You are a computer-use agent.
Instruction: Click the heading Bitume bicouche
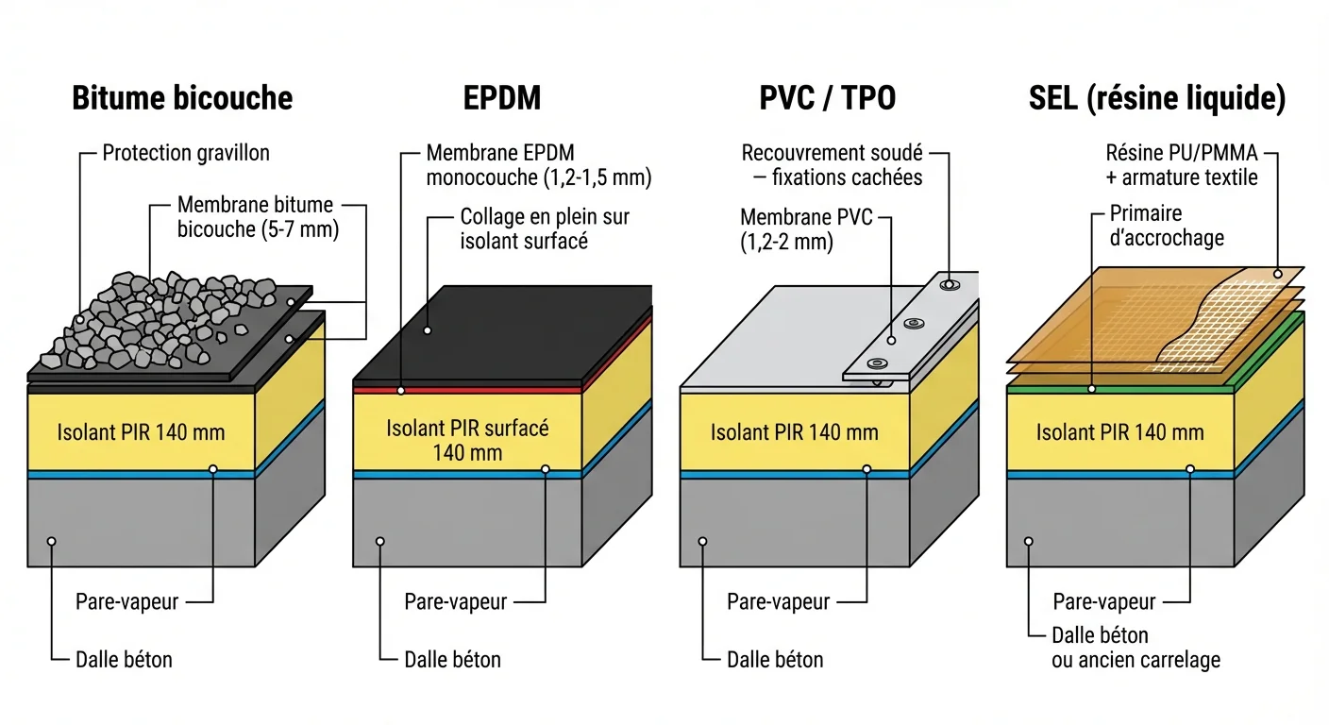(x=182, y=98)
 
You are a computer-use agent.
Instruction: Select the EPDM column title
(x=502, y=98)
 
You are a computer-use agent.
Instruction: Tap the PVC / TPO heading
(x=827, y=98)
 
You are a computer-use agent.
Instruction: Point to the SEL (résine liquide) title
(x=1157, y=98)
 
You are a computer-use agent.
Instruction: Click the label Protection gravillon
(x=186, y=153)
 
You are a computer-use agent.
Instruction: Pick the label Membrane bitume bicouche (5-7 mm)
(x=257, y=216)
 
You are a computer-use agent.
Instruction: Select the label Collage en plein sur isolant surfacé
(x=544, y=228)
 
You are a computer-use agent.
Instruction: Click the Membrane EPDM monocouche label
(x=538, y=164)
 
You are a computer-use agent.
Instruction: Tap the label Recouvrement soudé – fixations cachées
(x=832, y=164)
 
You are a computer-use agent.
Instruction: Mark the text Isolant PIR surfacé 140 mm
(x=467, y=440)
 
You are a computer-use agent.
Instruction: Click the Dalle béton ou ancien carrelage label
(x=1136, y=648)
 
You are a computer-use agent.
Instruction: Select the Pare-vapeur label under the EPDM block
(x=456, y=601)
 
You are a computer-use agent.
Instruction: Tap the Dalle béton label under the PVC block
(x=775, y=659)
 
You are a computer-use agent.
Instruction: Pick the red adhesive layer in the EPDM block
(x=472, y=389)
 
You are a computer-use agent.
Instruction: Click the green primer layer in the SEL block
(x=1123, y=389)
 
